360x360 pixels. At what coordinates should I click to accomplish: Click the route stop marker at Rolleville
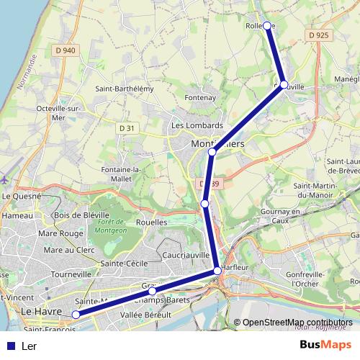click(x=267, y=26)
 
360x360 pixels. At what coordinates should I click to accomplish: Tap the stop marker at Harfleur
click(x=217, y=271)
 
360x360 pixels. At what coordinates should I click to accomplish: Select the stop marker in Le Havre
click(x=76, y=314)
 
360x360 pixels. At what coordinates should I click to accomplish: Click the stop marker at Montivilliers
click(x=212, y=152)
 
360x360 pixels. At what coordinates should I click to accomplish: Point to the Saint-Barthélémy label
click(x=125, y=89)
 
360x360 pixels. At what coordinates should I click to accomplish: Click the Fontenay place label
click(x=200, y=97)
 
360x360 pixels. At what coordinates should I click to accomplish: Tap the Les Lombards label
click(x=197, y=125)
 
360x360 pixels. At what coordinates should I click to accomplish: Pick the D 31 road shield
click(x=127, y=127)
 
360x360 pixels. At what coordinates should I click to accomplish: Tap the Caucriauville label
click(x=186, y=255)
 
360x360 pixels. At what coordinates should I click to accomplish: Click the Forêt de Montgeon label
click(x=110, y=227)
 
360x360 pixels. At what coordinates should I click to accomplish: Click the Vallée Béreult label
click(x=145, y=315)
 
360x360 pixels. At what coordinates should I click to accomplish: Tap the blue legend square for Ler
click(x=10, y=346)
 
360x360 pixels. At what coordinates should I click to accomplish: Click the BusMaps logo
click(x=325, y=345)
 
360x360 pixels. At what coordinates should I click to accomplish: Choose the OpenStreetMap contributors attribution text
click(x=297, y=323)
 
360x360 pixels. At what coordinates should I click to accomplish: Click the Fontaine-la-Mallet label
click(x=140, y=174)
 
